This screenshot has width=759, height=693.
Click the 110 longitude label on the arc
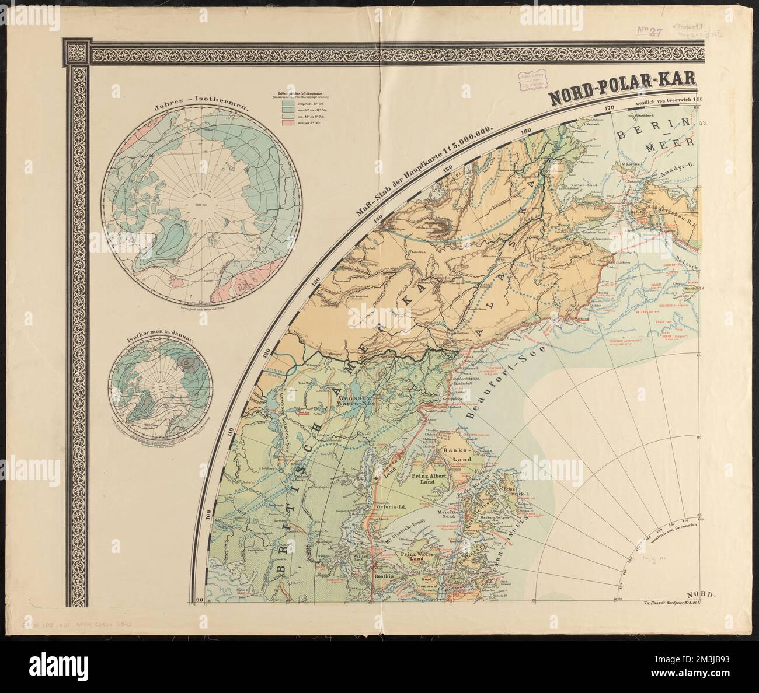(x=236, y=432)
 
